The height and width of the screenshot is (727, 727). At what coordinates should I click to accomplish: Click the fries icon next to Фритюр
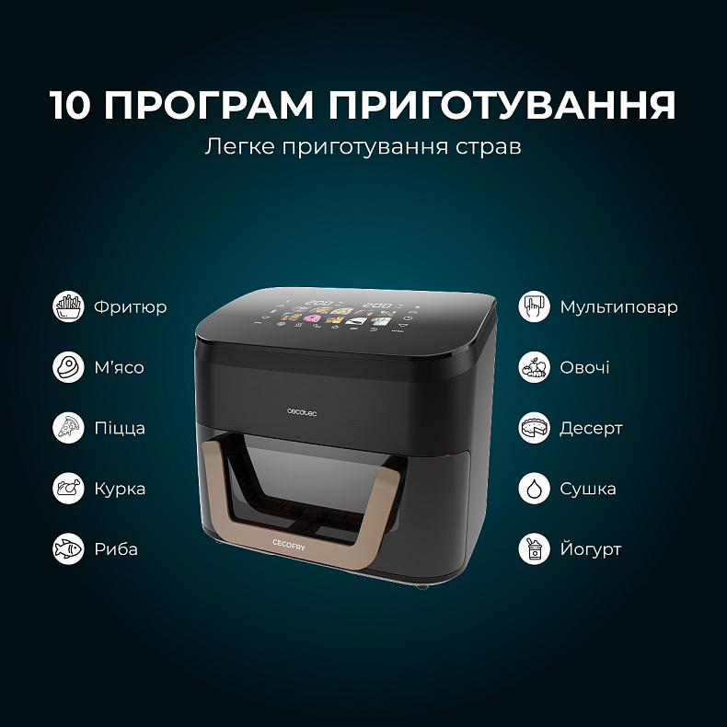pyautogui.click(x=68, y=306)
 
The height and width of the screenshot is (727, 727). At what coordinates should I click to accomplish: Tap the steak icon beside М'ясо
pyautogui.click(x=68, y=367)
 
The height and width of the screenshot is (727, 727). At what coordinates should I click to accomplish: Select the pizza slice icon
pyautogui.click(x=68, y=428)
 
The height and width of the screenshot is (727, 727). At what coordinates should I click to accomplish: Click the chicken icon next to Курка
pyautogui.click(x=68, y=489)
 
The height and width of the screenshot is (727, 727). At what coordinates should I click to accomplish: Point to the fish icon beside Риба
pyautogui.click(x=68, y=549)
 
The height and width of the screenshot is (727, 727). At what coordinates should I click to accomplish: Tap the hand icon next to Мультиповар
pyautogui.click(x=535, y=306)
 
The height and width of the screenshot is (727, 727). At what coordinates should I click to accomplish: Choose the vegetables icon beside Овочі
pyautogui.click(x=535, y=367)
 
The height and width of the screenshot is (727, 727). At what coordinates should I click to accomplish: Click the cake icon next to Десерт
pyautogui.click(x=535, y=428)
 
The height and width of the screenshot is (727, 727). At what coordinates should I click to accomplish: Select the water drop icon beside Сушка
pyautogui.click(x=535, y=489)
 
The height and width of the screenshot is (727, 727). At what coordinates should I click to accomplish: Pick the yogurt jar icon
pyautogui.click(x=535, y=549)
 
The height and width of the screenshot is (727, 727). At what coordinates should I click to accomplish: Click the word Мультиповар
pyautogui.click(x=618, y=307)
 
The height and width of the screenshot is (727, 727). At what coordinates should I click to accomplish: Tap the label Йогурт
pyautogui.click(x=590, y=549)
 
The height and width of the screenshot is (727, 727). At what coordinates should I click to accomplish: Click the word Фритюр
pyautogui.click(x=130, y=307)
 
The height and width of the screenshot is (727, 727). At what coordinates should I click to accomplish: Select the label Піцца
pyautogui.click(x=120, y=429)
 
